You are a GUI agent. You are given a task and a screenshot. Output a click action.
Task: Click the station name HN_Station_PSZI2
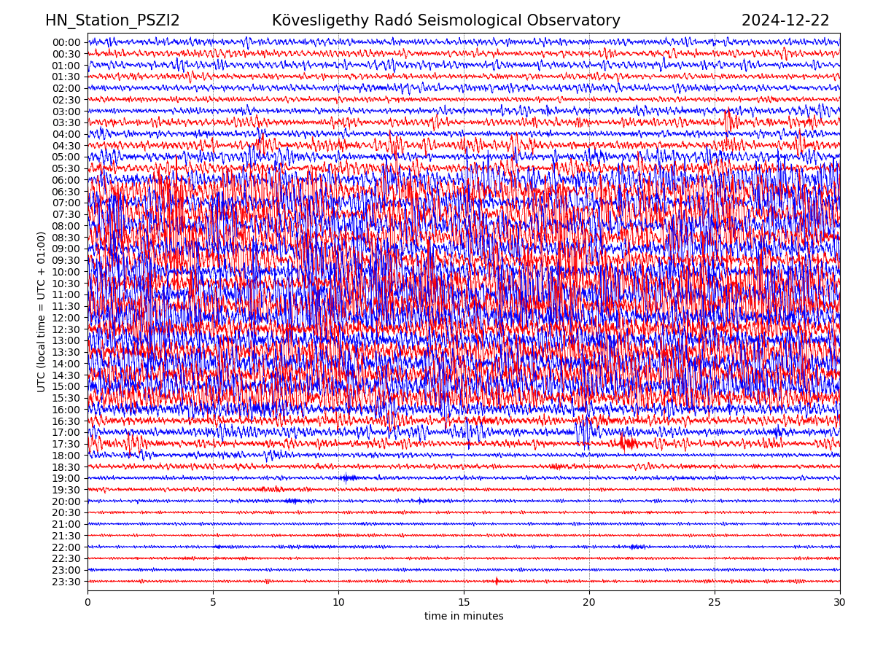point(112,20)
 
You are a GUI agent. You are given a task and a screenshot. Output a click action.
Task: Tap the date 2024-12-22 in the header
point(785,20)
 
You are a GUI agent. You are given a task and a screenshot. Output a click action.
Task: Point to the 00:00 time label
point(66,42)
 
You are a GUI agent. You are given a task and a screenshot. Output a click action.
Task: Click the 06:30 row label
point(66,192)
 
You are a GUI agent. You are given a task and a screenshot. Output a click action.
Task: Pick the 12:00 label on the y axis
point(66,318)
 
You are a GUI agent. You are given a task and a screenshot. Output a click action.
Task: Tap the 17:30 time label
point(66,444)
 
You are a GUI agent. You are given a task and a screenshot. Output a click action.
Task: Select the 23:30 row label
point(66,582)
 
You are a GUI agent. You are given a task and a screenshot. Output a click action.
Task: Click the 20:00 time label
point(66,501)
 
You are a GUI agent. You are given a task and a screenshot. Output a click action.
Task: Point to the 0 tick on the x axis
point(87,602)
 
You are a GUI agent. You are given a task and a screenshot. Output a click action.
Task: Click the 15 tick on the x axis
point(464,602)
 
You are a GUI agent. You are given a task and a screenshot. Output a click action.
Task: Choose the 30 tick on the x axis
point(840,602)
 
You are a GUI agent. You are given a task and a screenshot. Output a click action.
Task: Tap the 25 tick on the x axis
point(715,602)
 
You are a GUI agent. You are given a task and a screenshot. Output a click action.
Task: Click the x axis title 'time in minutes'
point(464,616)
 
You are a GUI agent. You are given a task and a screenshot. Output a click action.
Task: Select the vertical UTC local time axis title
point(42,311)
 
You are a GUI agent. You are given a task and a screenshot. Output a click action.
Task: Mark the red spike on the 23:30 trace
point(497,581)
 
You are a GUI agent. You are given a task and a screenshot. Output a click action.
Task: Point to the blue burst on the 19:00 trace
point(348,478)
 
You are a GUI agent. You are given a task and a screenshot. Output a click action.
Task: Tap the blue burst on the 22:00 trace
point(636,547)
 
